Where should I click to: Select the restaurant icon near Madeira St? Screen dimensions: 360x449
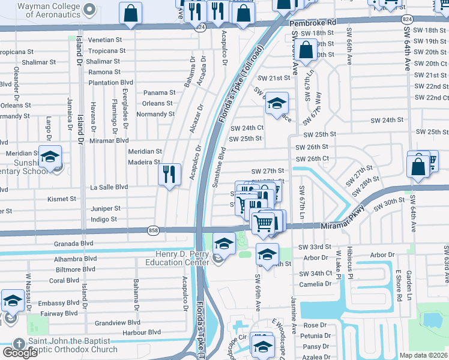click(x=170, y=175)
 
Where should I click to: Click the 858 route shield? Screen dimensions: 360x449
click(x=153, y=229)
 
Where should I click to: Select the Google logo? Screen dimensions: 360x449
click(x=20, y=352)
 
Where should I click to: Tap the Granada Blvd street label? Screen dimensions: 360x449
click(x=74, y=243)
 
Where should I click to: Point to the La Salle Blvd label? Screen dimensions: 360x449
click(x=109, y=187)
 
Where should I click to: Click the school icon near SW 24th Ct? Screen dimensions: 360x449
click(x=277, y=103)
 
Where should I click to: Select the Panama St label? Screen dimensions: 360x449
click(x=159, y=92)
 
